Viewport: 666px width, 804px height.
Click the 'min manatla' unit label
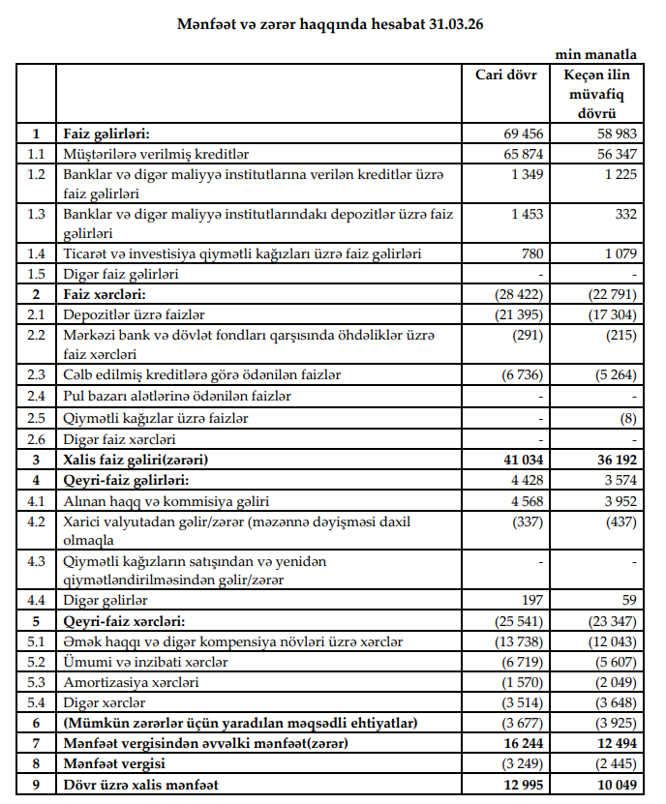coord(595,54)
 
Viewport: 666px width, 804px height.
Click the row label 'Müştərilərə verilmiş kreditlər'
coord(156,153)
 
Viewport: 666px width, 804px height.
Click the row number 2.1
coord(37,313)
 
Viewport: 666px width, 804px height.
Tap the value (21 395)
coord(520,313)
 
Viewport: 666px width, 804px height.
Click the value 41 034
coord(525,460)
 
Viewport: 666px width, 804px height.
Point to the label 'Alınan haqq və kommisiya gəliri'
coord(166,500)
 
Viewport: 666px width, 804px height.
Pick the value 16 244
coord(525,743)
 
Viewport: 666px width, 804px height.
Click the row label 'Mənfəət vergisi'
coord(110,763)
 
